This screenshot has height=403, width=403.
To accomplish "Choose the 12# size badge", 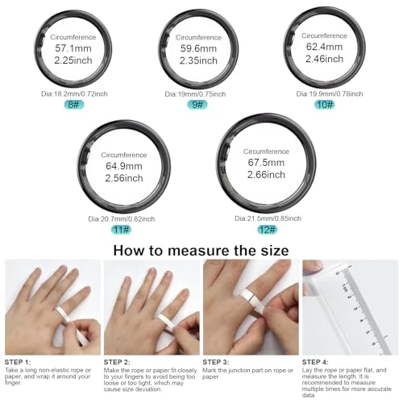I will [x=264, y=230].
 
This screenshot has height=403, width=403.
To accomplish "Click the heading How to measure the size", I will [x=201, y=250].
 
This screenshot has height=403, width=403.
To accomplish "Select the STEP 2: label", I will [x=119, y=361].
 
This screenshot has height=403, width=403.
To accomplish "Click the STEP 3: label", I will [x=219, y=361].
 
